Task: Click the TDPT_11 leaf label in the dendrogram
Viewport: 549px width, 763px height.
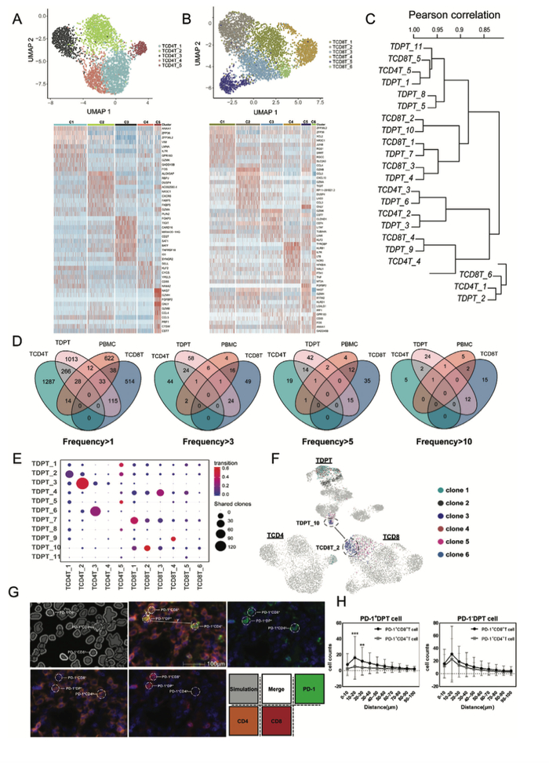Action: [x=405, y=47]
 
